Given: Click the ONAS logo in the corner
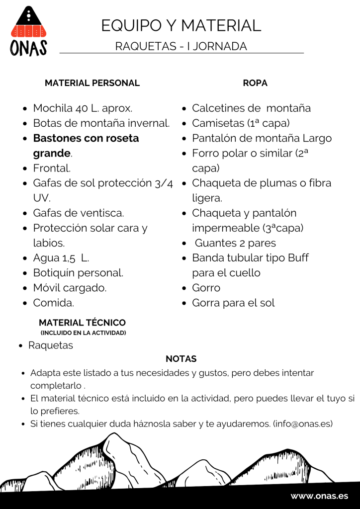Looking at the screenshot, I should point(29,31).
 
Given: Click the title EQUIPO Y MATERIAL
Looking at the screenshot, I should point(181,25).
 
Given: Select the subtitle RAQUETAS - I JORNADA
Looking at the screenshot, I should point(181,46).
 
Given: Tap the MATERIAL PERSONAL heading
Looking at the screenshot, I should point(92,83).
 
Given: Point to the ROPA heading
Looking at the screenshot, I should point(255,83).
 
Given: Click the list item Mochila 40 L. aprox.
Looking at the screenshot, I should point(83,108).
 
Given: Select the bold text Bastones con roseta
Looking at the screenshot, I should point(86,138).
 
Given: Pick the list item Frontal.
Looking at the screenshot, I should point(52,168).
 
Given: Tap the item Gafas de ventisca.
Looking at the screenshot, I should point(79,213).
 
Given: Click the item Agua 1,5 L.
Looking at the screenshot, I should point(61,258).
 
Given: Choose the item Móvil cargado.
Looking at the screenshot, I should point(70,288).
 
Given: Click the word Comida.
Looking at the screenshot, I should point(53,303).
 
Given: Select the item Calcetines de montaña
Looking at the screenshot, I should point(251,108).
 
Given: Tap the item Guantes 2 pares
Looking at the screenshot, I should point(235,243).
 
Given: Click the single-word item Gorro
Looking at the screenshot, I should point(206,288).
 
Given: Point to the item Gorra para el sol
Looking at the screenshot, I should point(233,303).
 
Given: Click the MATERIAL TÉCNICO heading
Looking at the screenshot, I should point(82,323).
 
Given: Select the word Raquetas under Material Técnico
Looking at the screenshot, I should point(50,345).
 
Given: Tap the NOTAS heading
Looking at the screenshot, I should point(181,359).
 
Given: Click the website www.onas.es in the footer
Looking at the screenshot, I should point(319,496).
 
